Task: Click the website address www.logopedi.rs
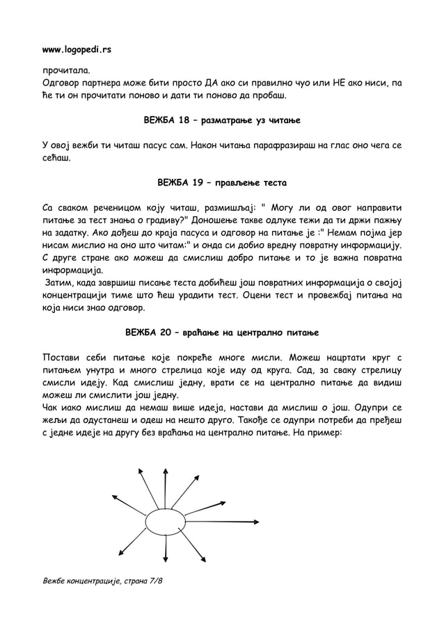(76, 51)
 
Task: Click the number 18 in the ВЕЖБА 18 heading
(182, 120)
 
